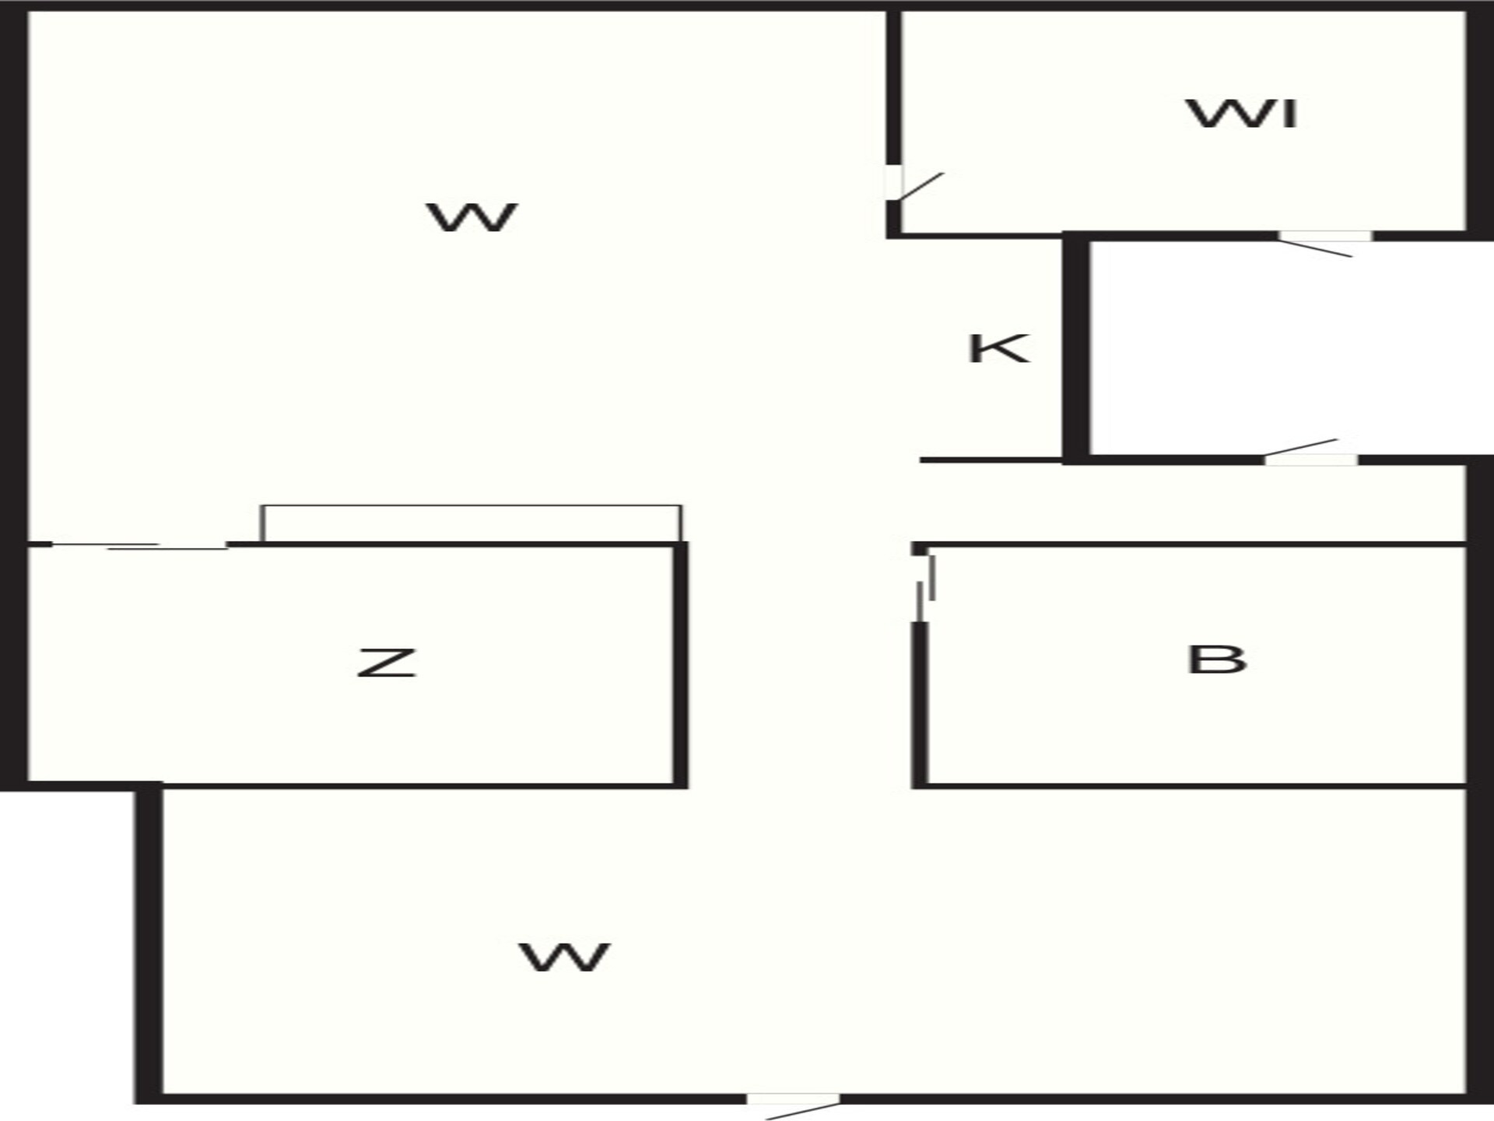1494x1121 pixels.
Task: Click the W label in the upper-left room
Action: [x=472, y=217]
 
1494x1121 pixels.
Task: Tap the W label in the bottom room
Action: [x=564, y=957]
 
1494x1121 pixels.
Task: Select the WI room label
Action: [x=1242, y=114]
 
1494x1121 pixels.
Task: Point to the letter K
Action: [x=999, y=348]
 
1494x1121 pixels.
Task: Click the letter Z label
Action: [x=387, y=662]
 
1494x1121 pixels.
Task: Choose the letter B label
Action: [x=1217, y=659]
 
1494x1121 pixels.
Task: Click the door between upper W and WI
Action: [x=914, y=185]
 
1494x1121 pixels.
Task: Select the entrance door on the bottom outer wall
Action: [x=794, y=1105]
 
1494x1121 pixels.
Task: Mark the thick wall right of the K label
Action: [x=1075, y=347]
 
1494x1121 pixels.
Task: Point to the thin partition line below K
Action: [x=991, y=460]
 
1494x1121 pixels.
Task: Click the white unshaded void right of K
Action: [x=1291, y=347]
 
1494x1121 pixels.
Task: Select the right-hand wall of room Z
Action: [x=681, y=665]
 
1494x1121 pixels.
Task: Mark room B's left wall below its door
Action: [x=920, y=705]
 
